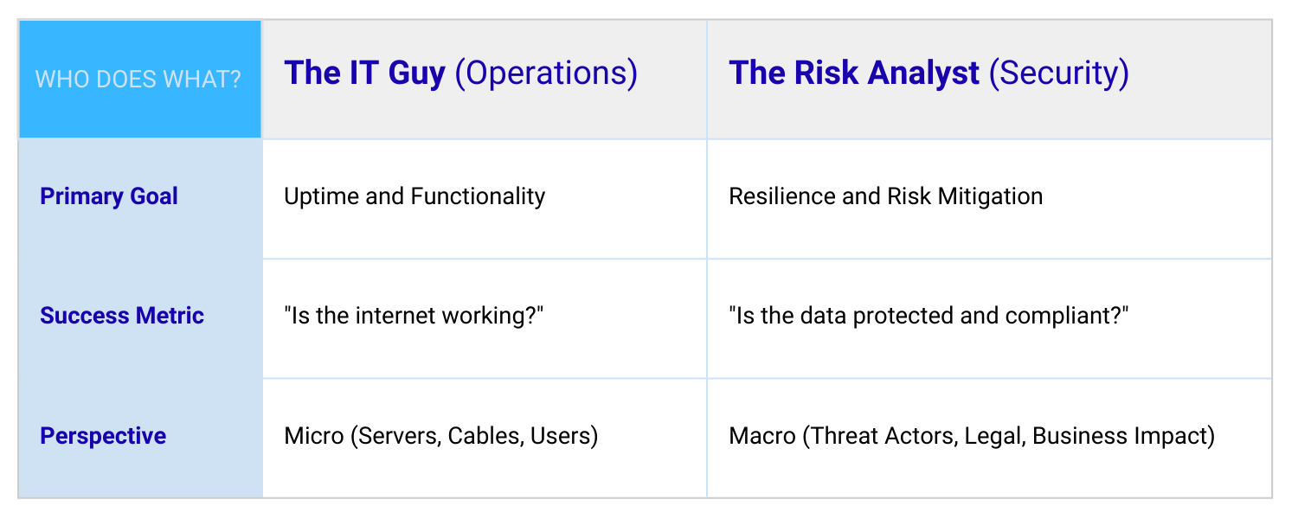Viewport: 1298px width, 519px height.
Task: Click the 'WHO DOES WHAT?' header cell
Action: click(138, 80)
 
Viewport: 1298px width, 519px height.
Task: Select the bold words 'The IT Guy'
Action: click(364, 74)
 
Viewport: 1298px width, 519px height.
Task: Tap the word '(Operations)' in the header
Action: click(546, 74)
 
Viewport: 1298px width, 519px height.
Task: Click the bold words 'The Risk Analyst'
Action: click(854, 74)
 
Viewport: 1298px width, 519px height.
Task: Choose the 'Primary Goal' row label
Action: click(109, 196)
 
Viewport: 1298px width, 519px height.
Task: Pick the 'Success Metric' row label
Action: click(122, 316)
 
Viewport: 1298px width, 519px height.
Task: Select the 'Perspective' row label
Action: click(103, 435)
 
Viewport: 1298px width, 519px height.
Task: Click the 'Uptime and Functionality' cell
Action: click(414, 196)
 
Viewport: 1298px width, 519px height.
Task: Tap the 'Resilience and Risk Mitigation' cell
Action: click(885, 196)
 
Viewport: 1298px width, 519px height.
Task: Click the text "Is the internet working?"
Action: click(414, 316)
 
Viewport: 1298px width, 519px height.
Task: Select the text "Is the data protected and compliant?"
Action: click(929, 316)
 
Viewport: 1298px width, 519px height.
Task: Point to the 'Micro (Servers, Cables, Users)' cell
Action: click(441, 435)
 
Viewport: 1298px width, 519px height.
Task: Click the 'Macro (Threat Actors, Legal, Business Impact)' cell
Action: click(972, 435)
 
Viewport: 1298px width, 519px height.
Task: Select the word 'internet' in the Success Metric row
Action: click(393, 316)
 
